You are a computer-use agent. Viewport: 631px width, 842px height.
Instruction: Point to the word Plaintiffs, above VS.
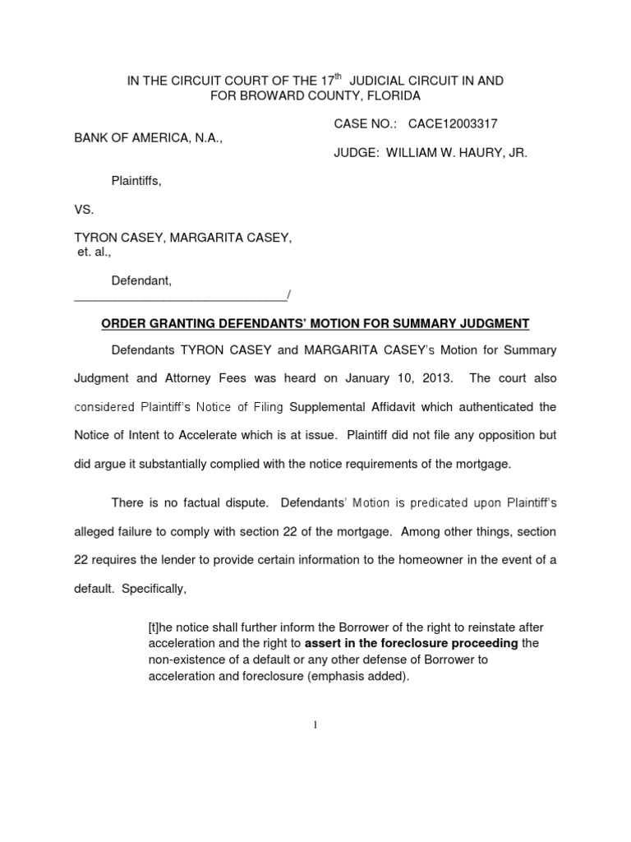[x=136, y=181]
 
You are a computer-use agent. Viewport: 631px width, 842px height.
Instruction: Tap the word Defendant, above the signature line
[x=141, y=281]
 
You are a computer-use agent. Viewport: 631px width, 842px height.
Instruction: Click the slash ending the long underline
[x=288, y=296]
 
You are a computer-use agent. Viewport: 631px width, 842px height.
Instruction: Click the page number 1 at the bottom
[x=315, y=724]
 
